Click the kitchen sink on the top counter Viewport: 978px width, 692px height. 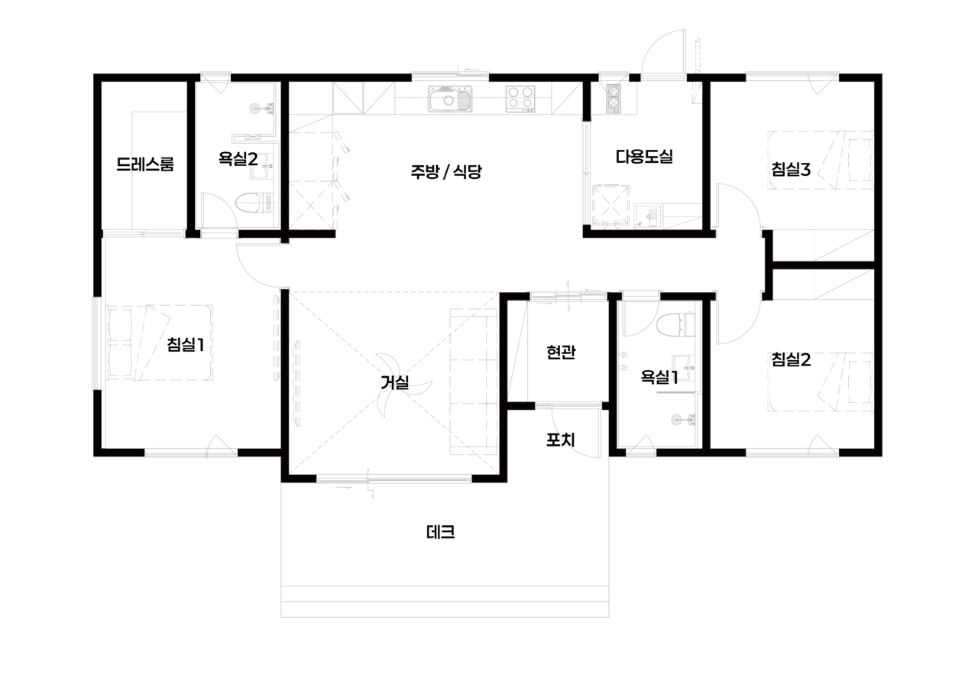[x=449, y=99]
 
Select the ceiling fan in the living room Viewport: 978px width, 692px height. [x=396, y=382]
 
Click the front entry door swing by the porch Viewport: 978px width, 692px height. [x=575, y=433]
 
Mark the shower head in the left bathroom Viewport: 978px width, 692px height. [x=260, y=108]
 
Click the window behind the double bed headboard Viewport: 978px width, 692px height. [x=97, y=343]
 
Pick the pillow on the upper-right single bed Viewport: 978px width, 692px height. [x=859, y=159]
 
